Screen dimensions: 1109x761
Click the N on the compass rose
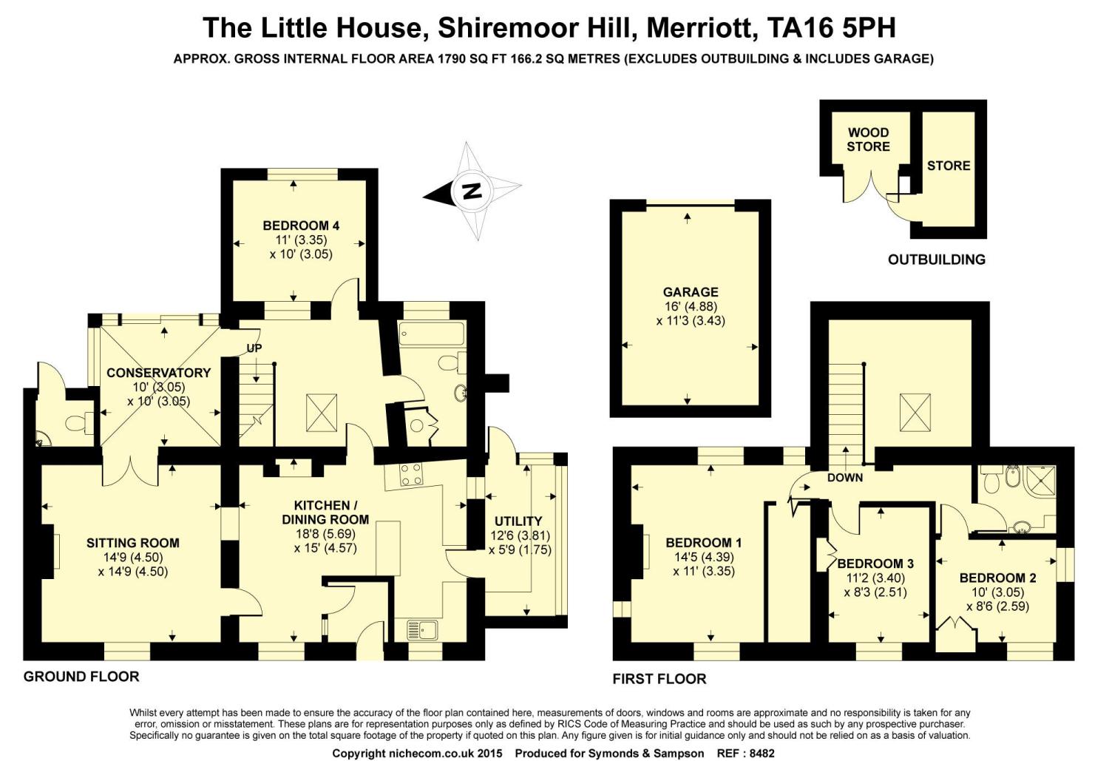pyautogui.click(x=472, y=191)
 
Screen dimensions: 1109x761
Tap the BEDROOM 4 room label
pyautogui.click(x=301, y=226)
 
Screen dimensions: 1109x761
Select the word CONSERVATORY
pyautogui.click(x=159, y=373)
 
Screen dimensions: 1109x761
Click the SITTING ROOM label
pyautogui.click(x=132, y=543)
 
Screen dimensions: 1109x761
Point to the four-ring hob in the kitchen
pyautogui.click(x=411, y=475)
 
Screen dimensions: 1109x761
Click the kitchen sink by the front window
pyautogui.click(x=422, y=631)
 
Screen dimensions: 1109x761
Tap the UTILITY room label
pyautogui.click(x=518, y=521)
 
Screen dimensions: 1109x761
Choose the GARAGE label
pyautogui.click(x=691, y=292)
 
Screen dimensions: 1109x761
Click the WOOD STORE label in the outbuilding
pyautogui.click(x=869, y=140)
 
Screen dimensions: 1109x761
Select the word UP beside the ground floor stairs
pyautogui.click(x=254, y=348)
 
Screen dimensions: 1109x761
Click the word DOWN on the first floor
pyautogui.click(x=845, y=478)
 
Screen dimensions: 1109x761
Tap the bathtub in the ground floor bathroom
pyautogui.click(x=432, y=334)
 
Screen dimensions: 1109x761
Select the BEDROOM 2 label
pyautogui.click(x=997, y=578)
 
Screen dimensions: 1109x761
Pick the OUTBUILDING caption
pyautogui.click(x=937, y=260)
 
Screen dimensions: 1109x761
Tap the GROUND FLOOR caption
pyautogui.click(x=81, y=677)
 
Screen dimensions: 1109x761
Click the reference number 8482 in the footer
pyautogui.click(x=762, y=754)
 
